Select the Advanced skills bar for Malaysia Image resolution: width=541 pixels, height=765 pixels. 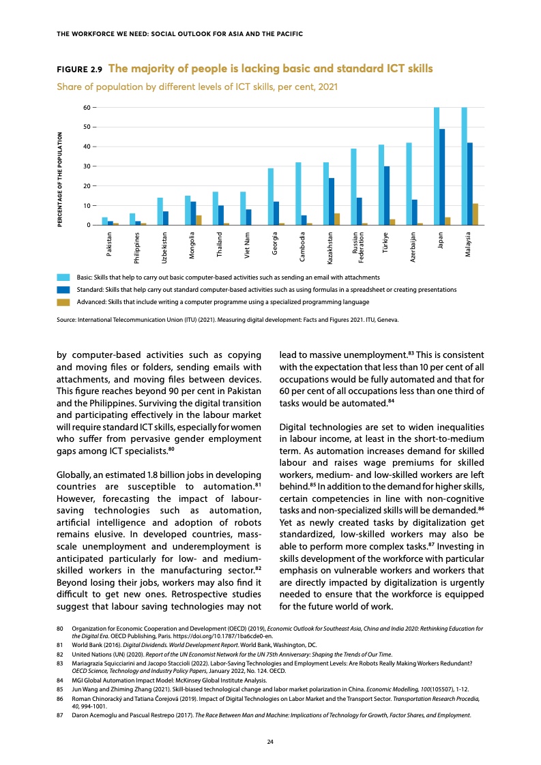point(476,214)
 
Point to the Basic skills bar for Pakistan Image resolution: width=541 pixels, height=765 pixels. point(105,221)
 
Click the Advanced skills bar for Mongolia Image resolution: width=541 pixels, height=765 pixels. point(199,220)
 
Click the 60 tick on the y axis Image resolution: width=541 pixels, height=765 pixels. point(86,108)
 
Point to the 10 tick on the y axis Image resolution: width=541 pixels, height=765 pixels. point(86,206)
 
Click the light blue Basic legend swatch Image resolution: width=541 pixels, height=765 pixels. point(63,277)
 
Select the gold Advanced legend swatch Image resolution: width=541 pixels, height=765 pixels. point(63,301)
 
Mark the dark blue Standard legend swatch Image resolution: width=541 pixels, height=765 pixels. point(63,290)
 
